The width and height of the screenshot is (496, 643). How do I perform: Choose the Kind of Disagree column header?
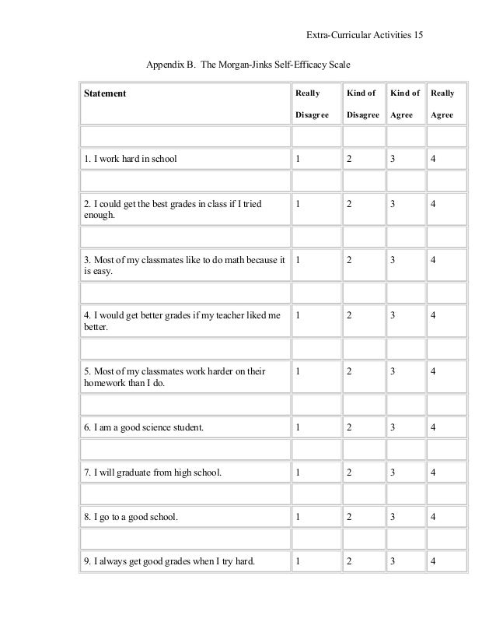pos(362,104)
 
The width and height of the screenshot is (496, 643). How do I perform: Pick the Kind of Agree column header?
pos(404,104)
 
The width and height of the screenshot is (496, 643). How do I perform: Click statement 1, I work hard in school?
pos(131,160)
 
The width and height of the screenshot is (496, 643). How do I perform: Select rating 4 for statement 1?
pos(433,160)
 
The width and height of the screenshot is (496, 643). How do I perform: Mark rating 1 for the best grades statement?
pos(297,204)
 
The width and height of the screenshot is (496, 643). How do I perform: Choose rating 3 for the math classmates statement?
pos(393,259)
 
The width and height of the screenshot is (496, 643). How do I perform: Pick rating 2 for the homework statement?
pos(349,371)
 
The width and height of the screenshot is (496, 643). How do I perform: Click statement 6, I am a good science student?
pos(144,427)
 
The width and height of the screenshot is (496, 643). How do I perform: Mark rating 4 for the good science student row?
pos(433,427)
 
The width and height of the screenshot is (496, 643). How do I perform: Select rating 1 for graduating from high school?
pos(297,472)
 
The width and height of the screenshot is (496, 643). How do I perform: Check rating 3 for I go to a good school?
pos(393,516)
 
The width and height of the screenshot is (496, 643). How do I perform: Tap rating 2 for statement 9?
pos(349,560)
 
